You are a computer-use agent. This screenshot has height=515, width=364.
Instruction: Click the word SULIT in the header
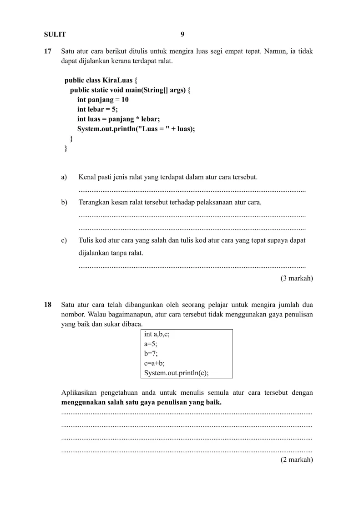pyautogui.click(x=55, y=34)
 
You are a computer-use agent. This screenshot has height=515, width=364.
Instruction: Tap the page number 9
pyautogui.click(x=182, y=34)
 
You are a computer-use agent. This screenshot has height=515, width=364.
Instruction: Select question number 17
pyautogui.click(x=47, y=51)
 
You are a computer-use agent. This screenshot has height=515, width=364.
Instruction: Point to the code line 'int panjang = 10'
pyautogui.click(x=103, y=100)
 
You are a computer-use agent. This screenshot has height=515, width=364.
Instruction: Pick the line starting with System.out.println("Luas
pyautogui.click(x=136, y=129)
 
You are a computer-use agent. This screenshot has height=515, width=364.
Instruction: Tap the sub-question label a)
pyautogui.click(x=64, y=177)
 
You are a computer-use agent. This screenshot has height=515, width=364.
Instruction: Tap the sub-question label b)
pyautogui.click(x=64, y=202)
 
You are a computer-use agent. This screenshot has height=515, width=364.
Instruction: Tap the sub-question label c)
pyautogui.click(x=64, y=240)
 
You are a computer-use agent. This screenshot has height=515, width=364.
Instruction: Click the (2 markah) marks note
pyautogui.click(x=297, y=460)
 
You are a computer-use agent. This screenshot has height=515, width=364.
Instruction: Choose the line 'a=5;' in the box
pyautogui.click(x=151, y=344)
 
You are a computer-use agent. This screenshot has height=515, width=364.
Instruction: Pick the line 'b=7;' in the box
pyautogui.click(x=151, y=353)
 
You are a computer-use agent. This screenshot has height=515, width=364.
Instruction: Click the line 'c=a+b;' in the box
pyautogui.click(x=154, y=363)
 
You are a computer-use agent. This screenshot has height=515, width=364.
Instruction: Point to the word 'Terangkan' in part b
pyautogui.click(x=93, y=202)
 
